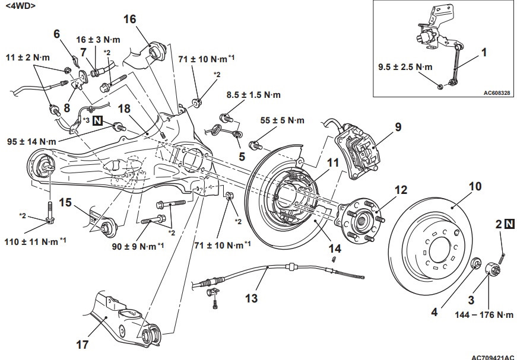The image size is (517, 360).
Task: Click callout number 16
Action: pos(130,20)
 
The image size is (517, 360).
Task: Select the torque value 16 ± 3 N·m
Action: pos(98,40)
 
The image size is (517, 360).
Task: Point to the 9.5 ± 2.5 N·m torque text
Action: pos(405,68)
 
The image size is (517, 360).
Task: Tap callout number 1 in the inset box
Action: pos(484,52)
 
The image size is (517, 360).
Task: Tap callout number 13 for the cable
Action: pos(252,298)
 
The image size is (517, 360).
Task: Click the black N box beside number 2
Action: pos(510,224)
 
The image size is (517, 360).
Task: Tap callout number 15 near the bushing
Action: pos(65,202)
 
